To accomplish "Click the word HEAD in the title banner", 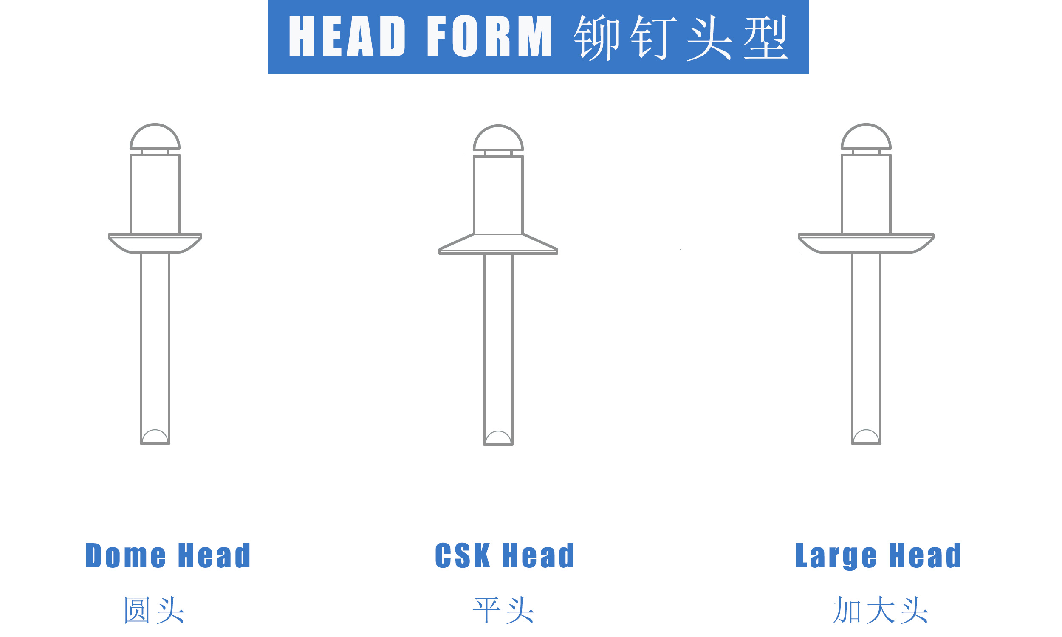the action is coord(347,36).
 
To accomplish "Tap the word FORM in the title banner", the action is coord(489,36).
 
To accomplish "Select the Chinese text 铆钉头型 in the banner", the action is coord(681,37).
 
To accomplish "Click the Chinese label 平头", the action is coord(503,610).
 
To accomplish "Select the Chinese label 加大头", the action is coord(881,610).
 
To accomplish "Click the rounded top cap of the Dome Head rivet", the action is coord(155,136).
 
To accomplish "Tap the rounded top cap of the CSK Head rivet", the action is coord(498,138).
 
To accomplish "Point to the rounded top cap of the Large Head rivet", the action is coord(866,136).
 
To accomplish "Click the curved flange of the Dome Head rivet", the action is coord(155,243).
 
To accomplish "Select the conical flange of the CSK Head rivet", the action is coord(498,245).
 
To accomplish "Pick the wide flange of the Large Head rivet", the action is coord(866,243).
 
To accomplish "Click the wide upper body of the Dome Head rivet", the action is coord(155,194).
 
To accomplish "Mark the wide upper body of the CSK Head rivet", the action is coord(498,195).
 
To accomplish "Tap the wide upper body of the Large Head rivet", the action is coord(866,194).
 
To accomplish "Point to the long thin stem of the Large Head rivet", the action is coord(866,348).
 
